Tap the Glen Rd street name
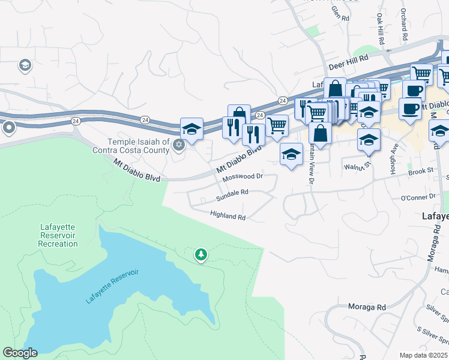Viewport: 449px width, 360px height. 340,14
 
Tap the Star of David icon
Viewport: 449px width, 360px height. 178,145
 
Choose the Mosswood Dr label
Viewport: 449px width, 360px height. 243,177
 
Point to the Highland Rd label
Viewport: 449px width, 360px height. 228,215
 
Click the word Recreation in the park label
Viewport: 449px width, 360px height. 58,244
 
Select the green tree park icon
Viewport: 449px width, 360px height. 200,255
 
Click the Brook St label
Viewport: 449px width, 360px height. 421,171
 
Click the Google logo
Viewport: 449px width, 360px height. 20,353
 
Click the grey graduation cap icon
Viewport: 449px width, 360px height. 25,65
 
